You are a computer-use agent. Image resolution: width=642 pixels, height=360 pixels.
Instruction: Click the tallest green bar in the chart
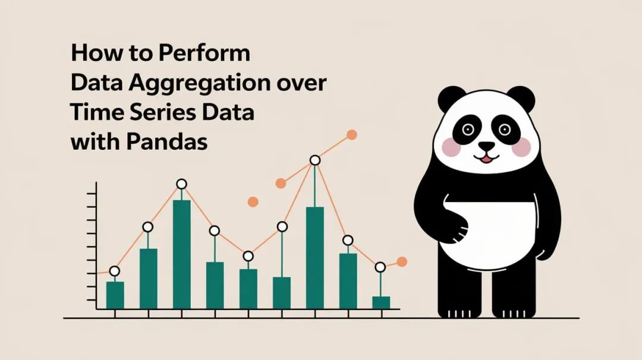[181, 254]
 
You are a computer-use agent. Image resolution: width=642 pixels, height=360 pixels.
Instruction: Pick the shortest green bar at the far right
[380, 302]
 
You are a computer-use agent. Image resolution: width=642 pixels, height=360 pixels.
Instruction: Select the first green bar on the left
[115, 295]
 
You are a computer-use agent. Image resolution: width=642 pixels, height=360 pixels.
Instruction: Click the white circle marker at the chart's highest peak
[315, 160]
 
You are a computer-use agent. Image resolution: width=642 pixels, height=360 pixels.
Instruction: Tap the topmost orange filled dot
[351, 135]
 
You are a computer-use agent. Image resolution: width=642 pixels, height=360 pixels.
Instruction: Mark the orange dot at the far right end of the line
[402, 261]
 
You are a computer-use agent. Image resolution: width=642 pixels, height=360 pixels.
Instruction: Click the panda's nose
[486, 146]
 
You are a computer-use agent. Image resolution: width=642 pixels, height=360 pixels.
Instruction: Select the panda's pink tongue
[486, 159]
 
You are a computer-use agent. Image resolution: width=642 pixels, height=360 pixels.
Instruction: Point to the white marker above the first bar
[115, 271]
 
